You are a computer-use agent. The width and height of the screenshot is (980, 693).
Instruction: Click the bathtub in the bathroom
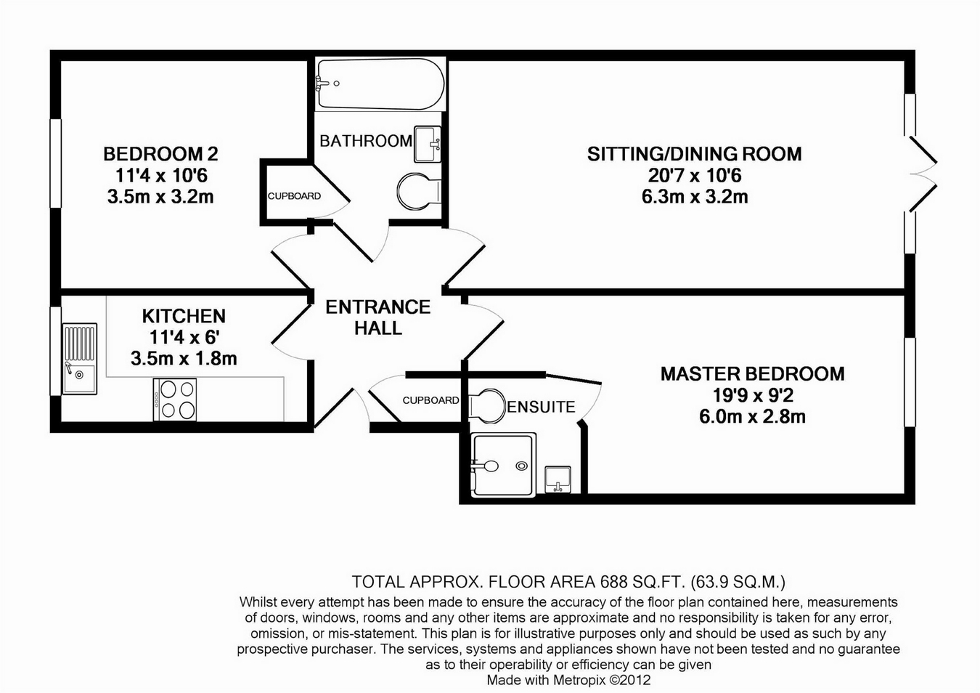click(x=380, y=84)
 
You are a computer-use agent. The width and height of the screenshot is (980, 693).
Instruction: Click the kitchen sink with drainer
click(x=79, y=359)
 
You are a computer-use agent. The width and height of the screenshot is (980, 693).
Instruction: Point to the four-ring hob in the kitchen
click(x=175, y=400)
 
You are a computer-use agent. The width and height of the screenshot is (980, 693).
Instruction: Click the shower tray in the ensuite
click(x=504, y=465)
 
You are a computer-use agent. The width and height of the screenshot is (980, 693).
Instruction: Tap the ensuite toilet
click(x=486, y=405)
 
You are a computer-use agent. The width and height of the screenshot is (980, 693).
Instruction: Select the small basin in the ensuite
click(x=558, y=479)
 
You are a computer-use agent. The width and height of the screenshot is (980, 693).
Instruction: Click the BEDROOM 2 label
click(x=160, y=154)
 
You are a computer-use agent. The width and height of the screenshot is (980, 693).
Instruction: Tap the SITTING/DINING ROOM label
click(x=694, y=154)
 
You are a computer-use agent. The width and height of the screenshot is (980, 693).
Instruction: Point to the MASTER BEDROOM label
click(x=752, y=374)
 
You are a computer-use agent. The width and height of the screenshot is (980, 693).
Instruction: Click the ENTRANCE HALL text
click(x=377, y=317)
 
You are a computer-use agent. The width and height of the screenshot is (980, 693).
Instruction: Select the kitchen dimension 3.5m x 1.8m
click(x=184, y=358)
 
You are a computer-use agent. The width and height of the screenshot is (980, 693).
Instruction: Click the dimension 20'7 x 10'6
click(x=694, y=175)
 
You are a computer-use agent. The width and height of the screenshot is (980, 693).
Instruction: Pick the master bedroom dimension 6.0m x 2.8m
click(x=752, y=416)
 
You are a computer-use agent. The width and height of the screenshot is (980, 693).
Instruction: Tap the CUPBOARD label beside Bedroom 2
click(x=294, y=196)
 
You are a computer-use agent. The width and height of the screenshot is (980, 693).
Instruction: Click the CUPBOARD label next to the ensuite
click(x=430, y=400)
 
